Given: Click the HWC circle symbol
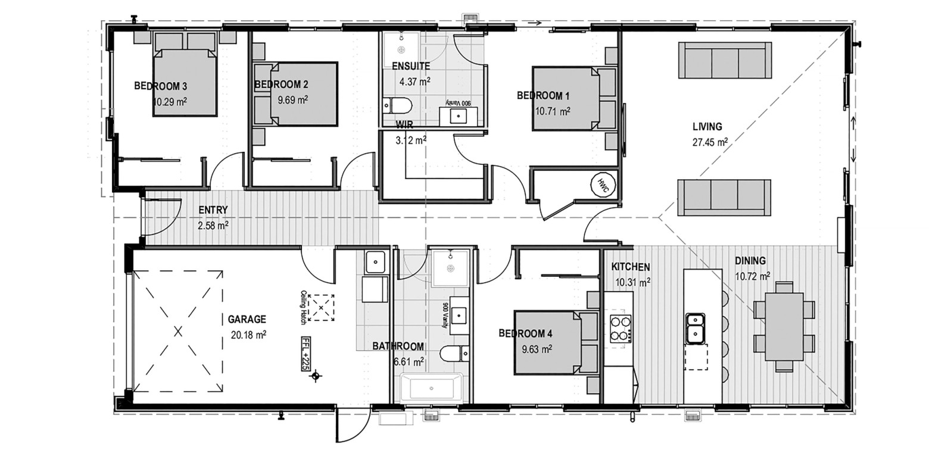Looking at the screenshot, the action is pyautogui.click(x=603, y=185).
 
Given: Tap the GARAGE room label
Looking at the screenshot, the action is pyautogui.click(x=247, y=319).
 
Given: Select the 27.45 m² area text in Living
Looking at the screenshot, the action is pyautogui.click(x=710, y=142).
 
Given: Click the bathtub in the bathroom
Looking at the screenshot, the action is pyautogui.click(x=431, y=388).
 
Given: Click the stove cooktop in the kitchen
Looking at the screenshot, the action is pyautogui.click(x=621, y=329).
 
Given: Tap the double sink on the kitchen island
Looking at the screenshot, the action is pyautogui.click(x=695, y=328).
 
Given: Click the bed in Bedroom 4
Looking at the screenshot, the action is pyautogui.click(x=555, y=343).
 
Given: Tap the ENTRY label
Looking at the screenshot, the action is pyautogui.click(x=213, y=210).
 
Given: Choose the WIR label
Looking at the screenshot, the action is pyautogui.click(x=404, y=124).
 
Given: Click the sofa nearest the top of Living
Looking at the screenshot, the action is pyautogui.click(x=725, y=60).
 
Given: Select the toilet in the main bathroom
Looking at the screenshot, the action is pyautogui.click(x=454, y=354).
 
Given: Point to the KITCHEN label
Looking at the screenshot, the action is pyautogui.click(x=631, y=267).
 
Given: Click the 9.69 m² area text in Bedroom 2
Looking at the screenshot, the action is pyautogui.click(x=293, y=100).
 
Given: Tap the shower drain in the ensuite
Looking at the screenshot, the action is pyautogui.click(x=401, y=50).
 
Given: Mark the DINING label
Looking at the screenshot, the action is pyautogui.click(x=750, y=261).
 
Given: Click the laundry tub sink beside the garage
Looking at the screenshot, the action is pyautogui.click(x=375, y=262).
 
